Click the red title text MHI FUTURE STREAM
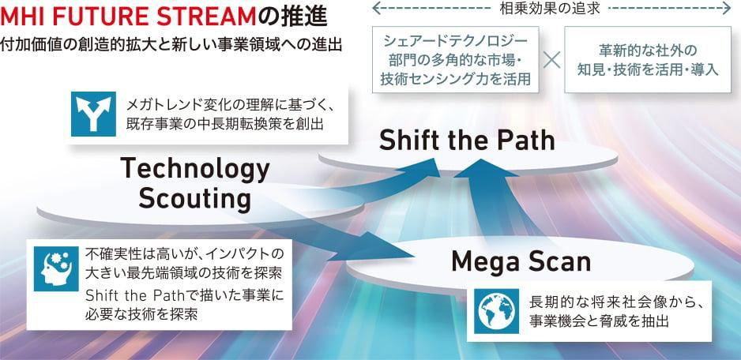[x=128, y=17]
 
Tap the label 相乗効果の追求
[x=549, y=9]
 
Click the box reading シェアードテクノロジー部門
[x=456, y=59]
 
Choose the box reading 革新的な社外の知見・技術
[x=648, y=59]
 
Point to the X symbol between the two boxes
[x=552, y=59]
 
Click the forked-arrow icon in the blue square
[x=93, y=114]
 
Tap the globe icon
[x=497, y=311]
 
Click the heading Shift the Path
[x=467, y=141]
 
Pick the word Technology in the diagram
[x=195, y=169]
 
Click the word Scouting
[x=194, y=199]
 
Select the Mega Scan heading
[x=521, y=261]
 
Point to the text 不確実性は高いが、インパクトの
[x=185, y=253]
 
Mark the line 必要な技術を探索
[x=141, y=314]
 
